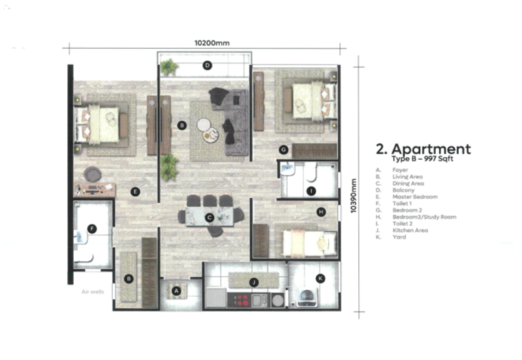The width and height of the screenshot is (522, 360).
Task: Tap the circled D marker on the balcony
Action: (x=207, y=65)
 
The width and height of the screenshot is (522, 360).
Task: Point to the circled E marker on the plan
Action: (x=135, y=191)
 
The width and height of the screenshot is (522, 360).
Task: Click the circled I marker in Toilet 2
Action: (x=311, y=190)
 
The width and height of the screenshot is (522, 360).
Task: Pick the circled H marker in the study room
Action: (x=321, y=211)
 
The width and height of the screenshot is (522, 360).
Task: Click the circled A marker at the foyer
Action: (x=176, y=290)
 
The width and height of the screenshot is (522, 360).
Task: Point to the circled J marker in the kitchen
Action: (x=254, y=282)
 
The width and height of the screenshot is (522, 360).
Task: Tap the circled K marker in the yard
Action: (x=320, y=278)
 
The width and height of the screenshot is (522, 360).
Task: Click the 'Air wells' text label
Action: (x=93, y=292)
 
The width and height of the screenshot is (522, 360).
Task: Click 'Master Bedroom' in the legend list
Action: (x=415, y=196)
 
